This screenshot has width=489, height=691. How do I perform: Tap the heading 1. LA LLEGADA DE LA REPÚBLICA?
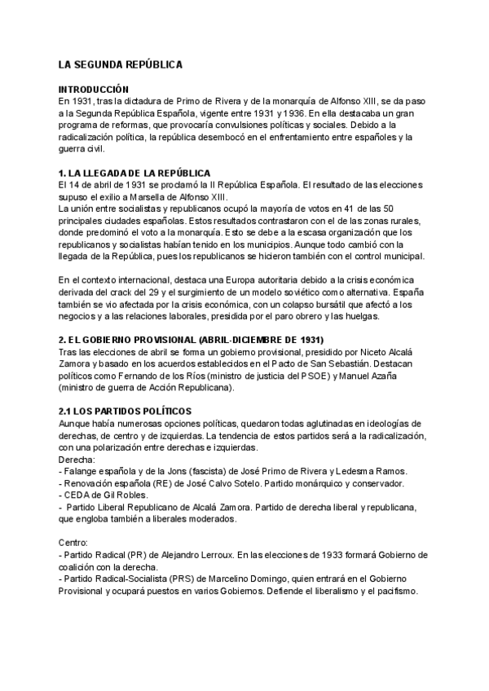tap(134, 173)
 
